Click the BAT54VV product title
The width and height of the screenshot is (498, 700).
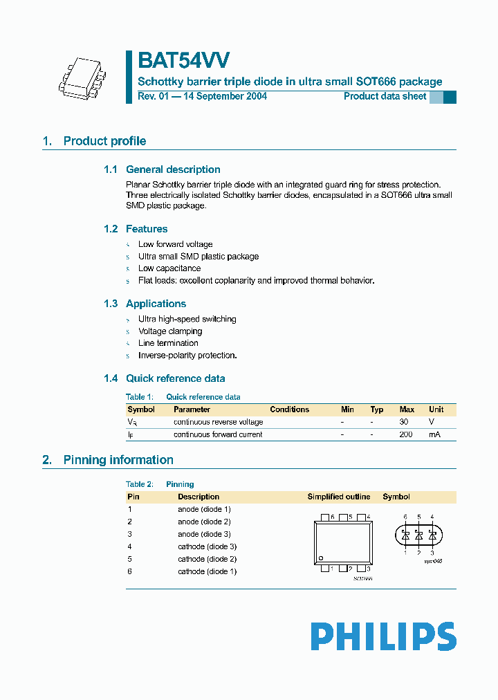(x=184, y=61)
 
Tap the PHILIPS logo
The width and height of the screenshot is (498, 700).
(x=383, y=636)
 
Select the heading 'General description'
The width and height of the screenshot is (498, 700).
(x=173, y=169)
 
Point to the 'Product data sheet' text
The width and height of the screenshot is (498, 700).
(x=385, y=96)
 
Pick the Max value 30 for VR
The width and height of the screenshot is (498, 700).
(x=405, y=422)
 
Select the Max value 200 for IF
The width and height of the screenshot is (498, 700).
(x=406, y=434)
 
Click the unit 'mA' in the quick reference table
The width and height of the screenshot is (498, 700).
(x=434, y=434)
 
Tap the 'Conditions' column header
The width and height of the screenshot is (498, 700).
(x=289, y=409)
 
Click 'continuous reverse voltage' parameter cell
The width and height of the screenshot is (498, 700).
(x=218, y=422)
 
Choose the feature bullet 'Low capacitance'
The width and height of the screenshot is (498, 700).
(x=169, y=268)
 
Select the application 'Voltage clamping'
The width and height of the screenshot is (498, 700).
(x=170, y=331)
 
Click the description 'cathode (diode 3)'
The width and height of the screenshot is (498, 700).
(x=207, y=546)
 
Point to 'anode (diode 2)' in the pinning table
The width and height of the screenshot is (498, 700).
(x=204, y=522)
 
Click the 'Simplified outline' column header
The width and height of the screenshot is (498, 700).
(x=339, y=497)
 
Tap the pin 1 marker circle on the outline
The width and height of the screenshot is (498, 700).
(x=321, y=558)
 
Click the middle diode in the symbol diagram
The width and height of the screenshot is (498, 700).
(x=418, y=535)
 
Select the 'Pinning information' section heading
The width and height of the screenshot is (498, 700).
(x=118, y=460)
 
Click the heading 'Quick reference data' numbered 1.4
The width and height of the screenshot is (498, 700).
(x=175, y=378)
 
